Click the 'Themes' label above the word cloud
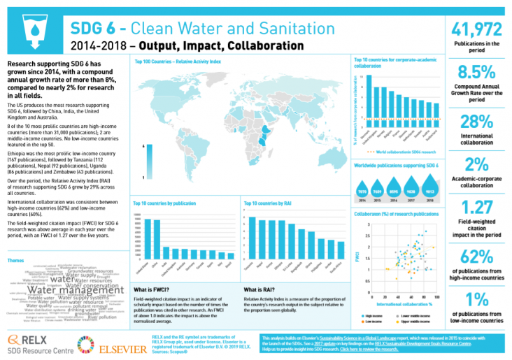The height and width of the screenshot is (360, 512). coord(16,260)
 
